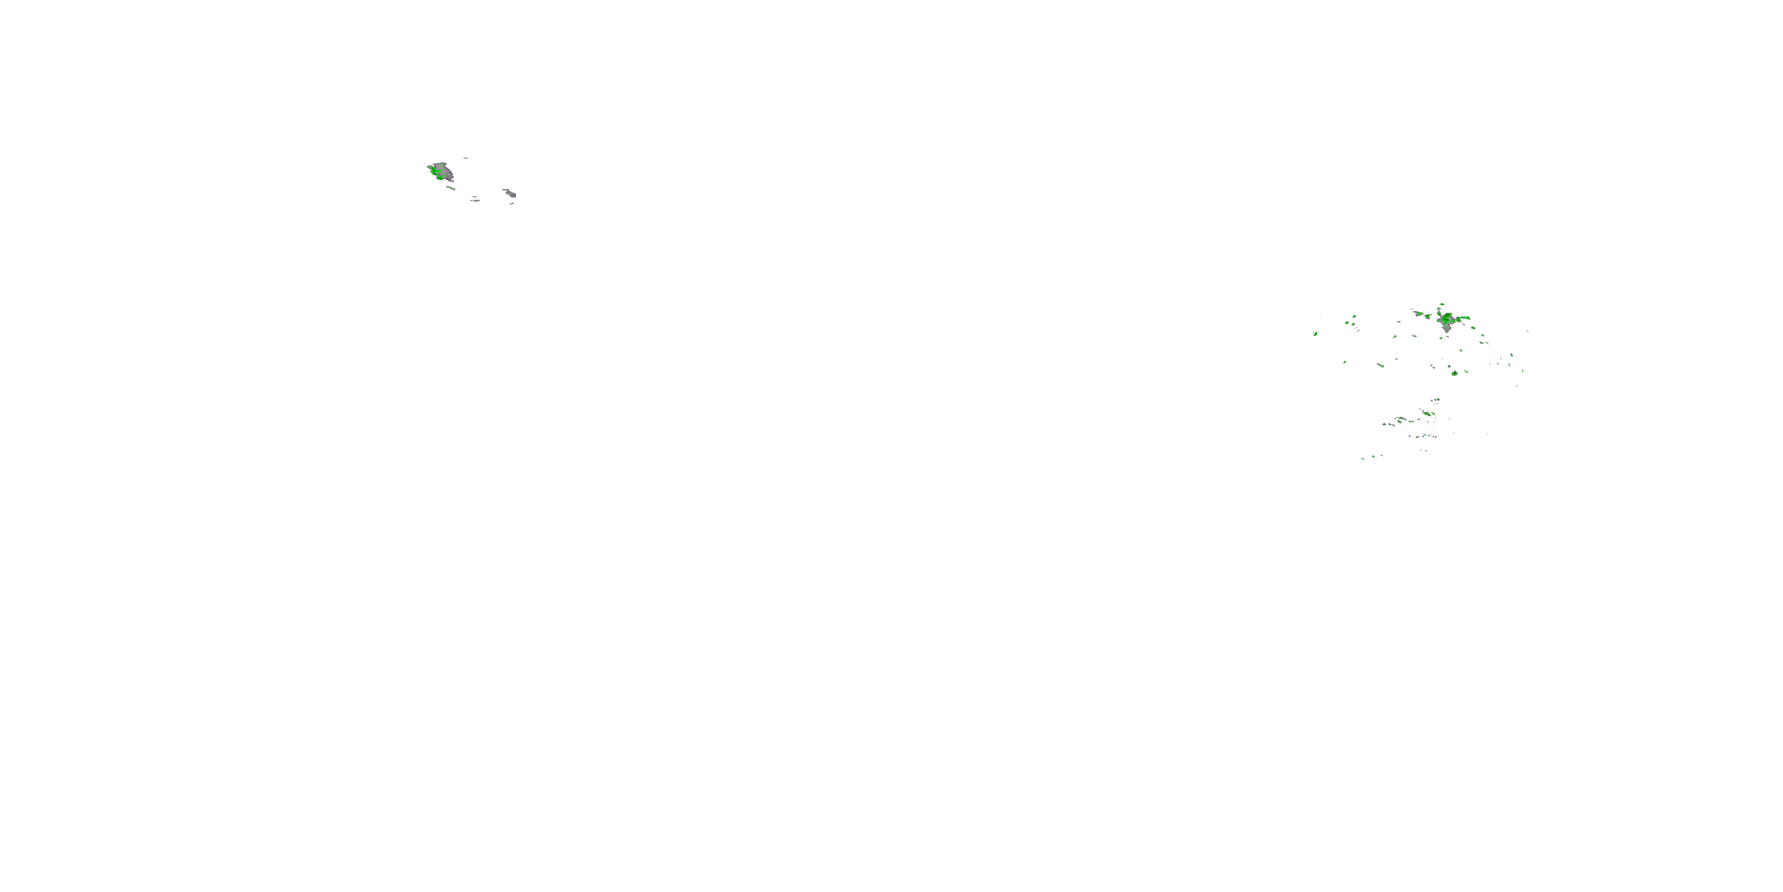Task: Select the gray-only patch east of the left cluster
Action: pyautogui.click(x=509, y=193)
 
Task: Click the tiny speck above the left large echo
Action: pyautogui.click(x=465, y=158)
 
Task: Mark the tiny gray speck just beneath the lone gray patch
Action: pyautogui.click(x=512, y=203)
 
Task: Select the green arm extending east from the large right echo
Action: pyautogui.click(x=1463, y=319)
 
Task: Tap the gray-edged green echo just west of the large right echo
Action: pyautogui.click(x=1419, y=314)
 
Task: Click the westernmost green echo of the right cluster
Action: pyautogui.click(x=1315, y=334)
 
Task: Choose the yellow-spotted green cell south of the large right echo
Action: pyautogui.click(x=1454, y=373)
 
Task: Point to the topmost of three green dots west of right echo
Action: pyautogui.click(x=1354, y=316)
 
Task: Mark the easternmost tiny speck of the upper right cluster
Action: pyautogui.click(x=1527, y=331)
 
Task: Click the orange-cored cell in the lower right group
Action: pyautogui.click(x=1426, y=413)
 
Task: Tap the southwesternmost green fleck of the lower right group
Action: pyautogui.click(x=1363, y=458)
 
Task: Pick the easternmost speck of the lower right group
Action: pyautogui.click(x=1486, y=434)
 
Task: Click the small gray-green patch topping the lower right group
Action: pyautogui.click(x=1437, y=400)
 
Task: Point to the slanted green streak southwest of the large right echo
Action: pyautogui.click(x=1380, y=365)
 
